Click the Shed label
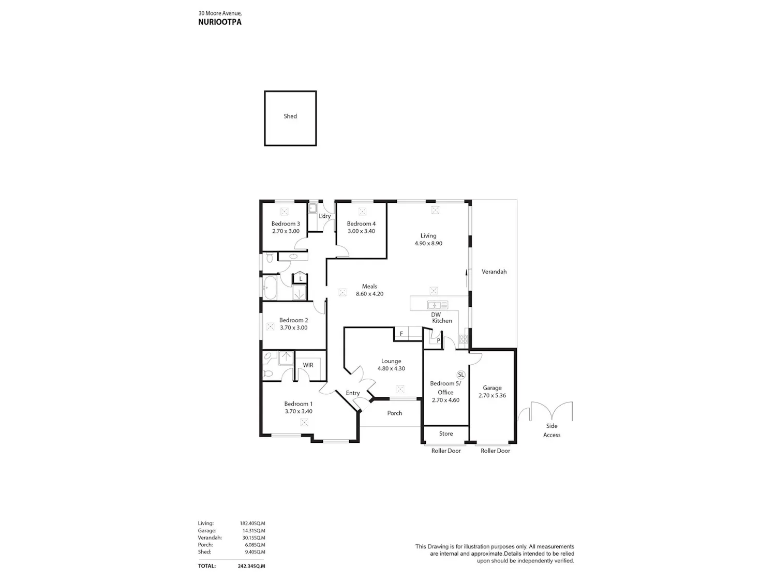pyautogui.click(x=290, y=116)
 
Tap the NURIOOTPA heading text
pyautogui.click(x=220, y=22)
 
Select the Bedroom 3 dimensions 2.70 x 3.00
pyautogui.click(x=286, y=231)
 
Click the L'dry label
pyautogui.click(x=324, y=216)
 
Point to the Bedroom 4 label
pyautogui.click(x=361, y=223)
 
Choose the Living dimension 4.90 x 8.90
pyautogui.click(x=428, y=243)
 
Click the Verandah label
pyautogui.click(x=494, y=272)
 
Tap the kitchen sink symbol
pyautogui.click(x=438, y=305)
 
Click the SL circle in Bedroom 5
pyautogui.click(x=461, y=375)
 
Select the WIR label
pyautogui.click(x=308, y=365)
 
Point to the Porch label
pyautogui.click(x=395, y=413)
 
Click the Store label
pyautogui.click(x=446, y=434)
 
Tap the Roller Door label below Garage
pyautogui.click(x=495, y=451)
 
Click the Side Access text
pyautogui.click(x=552, y=430)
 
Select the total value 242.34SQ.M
pyautogui.click(x=251, y=566)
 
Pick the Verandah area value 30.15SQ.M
pyautogui.click(x=254, y=538)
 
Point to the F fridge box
pyautogui.click(x=401, y=334)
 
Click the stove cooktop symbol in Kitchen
pyautogui.click(x=463, y=339)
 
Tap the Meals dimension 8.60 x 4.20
pyautogui.click(x=369, y=294)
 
